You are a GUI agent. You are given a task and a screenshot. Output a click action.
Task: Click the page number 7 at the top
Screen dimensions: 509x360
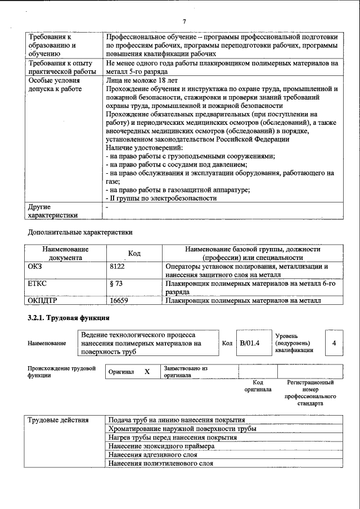click(184, 21)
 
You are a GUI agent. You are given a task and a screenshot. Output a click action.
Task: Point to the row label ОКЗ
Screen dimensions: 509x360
click(35, 267)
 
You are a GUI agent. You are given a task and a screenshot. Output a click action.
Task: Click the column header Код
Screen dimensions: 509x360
click(134, 254)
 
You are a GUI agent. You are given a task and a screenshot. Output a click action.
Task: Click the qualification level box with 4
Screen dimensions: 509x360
click(335, 343)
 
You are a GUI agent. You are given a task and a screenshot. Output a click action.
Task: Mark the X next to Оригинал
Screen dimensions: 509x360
click(147, 372)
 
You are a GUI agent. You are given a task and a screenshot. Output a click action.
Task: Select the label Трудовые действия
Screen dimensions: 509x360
click(58, 420)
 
